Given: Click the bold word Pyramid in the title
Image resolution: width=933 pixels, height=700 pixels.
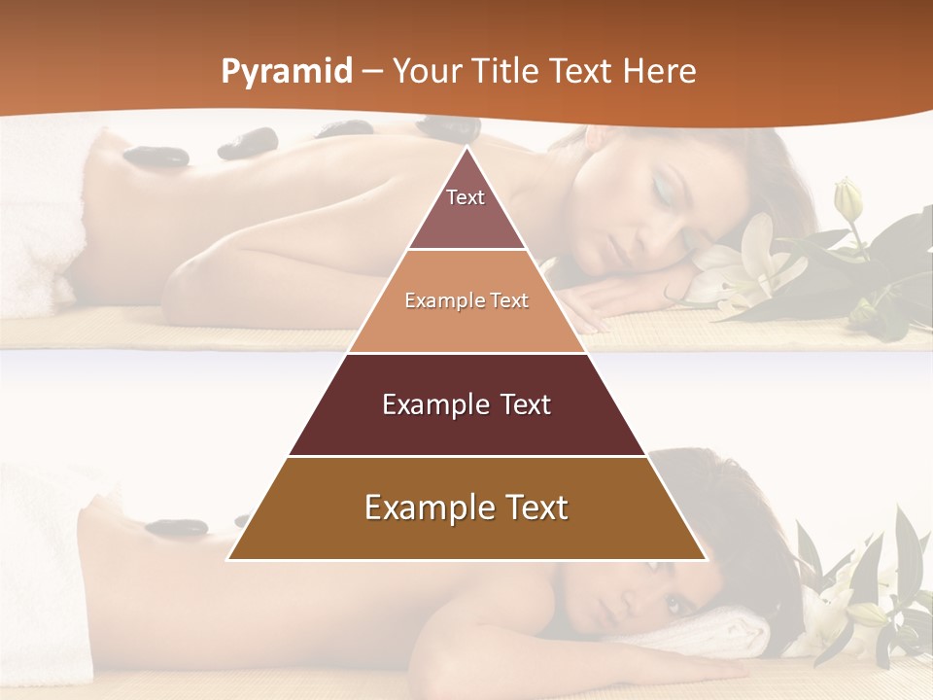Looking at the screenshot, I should pos(287,72).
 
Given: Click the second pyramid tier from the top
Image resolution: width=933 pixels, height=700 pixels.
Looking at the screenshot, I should pos(466,301).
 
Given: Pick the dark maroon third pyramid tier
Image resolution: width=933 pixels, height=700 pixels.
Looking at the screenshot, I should pos(466,404).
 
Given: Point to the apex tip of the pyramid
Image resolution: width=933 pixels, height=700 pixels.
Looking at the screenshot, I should pos(466,149).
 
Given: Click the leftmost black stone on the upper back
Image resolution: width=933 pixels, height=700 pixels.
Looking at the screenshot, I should pos(155,156).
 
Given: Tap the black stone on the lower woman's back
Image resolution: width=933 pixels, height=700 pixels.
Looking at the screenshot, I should pos(176,528).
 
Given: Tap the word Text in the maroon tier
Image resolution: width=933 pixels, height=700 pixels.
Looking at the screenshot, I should pos(514,404).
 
